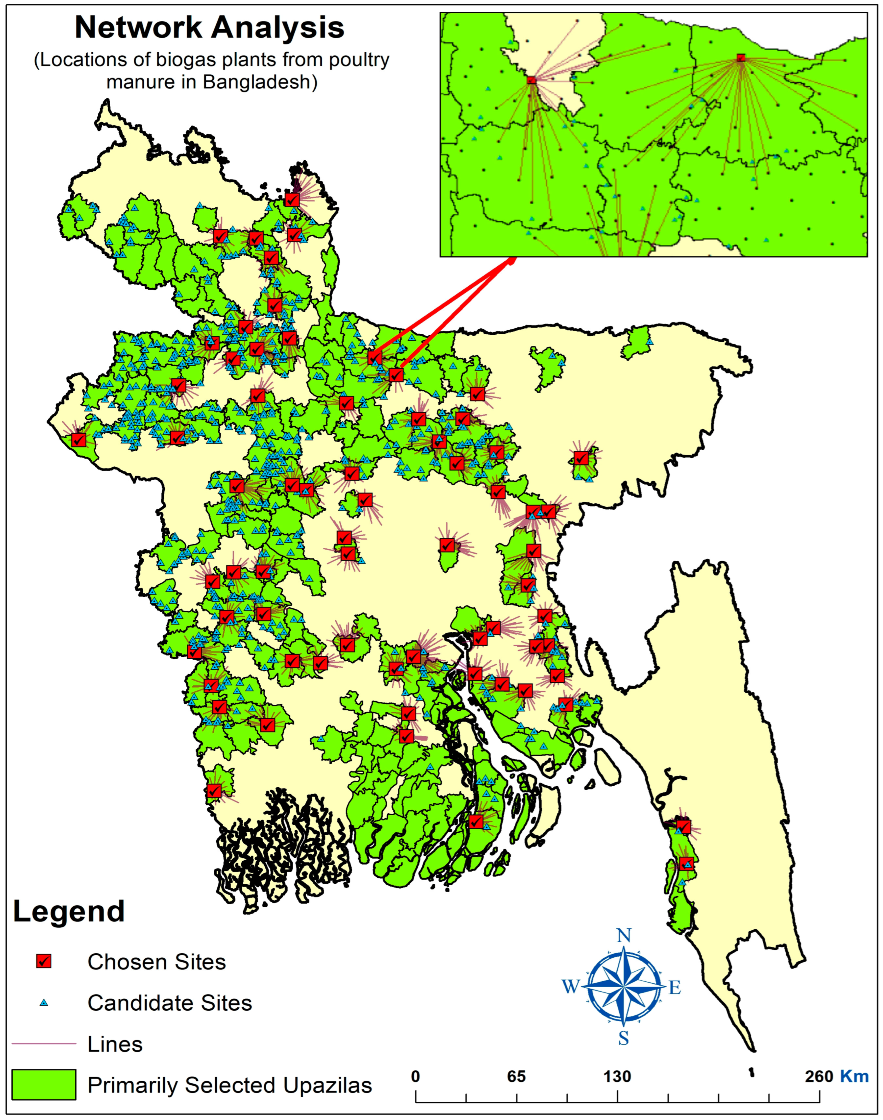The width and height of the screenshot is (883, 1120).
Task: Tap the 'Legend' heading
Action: tap(69, 911)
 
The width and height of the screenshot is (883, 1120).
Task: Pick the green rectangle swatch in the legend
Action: tap(44, 1084)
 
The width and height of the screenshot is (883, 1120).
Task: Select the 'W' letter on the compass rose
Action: tap(570, 987)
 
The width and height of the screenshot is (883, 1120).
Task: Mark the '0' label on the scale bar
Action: tap(416, 1077)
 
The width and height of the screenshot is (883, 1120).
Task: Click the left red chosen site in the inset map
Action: tap(531, 80)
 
